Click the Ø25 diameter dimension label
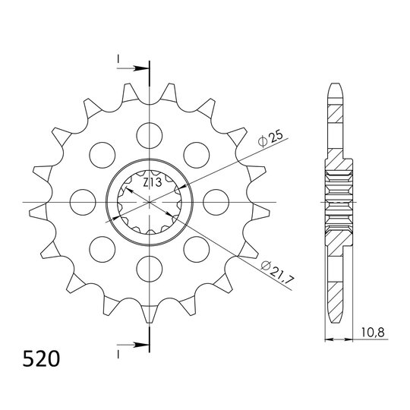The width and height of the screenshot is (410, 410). coord(270,139)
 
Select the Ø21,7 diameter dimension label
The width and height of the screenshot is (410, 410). coord(278,273)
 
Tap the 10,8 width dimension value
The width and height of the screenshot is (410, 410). coord(373,333)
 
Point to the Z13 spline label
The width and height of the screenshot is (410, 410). coord(153,182)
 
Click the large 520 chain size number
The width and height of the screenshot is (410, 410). coord(41,358)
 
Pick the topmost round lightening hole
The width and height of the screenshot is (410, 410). coord(150,136)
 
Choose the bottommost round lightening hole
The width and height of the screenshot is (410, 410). coord(150,269)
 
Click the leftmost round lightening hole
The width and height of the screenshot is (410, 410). coord(83,203)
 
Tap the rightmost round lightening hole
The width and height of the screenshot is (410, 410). coord(216,203)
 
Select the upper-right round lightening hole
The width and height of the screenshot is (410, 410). coord(197,156)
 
